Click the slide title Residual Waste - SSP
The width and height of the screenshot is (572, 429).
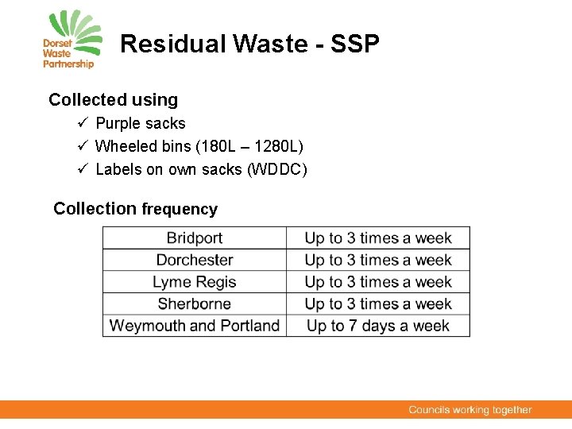249,44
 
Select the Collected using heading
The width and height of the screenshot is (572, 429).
113,100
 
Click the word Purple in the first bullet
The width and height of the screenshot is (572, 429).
118,124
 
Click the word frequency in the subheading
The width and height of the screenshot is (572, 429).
179,209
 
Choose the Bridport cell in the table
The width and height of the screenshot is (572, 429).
195,238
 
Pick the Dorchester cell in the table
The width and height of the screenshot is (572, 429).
195,260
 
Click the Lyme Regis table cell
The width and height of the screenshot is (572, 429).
195,282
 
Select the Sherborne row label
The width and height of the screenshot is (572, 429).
195,303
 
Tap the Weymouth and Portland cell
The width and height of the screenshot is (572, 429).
195,326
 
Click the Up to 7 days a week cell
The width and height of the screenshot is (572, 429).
378,326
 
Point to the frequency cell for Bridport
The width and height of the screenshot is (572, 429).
378,238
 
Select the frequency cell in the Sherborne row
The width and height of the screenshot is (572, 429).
378,303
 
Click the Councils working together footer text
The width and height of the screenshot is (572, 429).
470,410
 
